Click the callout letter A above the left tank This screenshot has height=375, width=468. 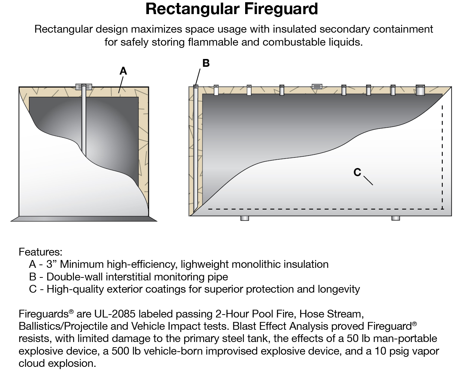coord(123,71)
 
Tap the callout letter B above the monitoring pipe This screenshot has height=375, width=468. coord(206,63)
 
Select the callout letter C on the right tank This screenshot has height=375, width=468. coord(357,172)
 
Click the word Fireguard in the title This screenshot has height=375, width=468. coord(281,9)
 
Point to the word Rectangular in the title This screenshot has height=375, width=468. coord(192,9)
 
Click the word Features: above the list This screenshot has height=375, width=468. coord(40,252)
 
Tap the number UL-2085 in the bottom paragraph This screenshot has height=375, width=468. coord(115,314)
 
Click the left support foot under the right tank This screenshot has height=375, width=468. coord(244,218)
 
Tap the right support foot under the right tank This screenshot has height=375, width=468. coord(396,218)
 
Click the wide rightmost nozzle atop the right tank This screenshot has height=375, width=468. coord(420,90)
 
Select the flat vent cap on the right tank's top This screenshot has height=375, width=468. coord(317,87)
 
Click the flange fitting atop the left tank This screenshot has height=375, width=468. coord(84,87)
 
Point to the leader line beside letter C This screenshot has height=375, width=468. coord(368,180)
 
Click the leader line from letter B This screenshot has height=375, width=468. coord(198,77)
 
